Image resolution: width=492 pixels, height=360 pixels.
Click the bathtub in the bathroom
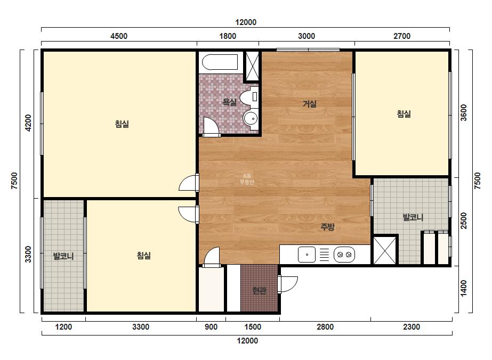tap(220, 62)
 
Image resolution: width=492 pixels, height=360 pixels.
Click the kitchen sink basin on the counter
tap(307, 255)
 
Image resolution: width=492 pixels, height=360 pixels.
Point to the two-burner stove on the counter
tap(344, 255)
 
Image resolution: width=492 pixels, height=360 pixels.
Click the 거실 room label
tap(309, 104)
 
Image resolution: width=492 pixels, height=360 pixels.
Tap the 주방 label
tap(327, 227)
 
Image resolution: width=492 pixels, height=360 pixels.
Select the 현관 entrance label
tap(260, 291)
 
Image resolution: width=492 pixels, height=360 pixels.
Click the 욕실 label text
tap(229, 102)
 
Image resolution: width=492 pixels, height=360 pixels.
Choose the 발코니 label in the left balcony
tap(63, 256)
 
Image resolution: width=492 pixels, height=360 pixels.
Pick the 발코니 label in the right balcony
tap(413, 217)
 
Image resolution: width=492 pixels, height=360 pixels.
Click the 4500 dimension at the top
tap(119, 36)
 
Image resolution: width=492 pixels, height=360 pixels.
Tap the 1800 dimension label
tap(228, 36)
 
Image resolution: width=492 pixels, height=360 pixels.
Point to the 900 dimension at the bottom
tap(211, 327)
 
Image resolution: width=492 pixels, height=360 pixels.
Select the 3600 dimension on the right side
tap(463, 112)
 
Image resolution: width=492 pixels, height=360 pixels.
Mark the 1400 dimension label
tap(463, 288)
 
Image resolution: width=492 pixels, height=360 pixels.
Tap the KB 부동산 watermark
tap(247, 179)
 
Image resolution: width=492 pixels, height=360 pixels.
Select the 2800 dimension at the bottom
tap(325, 327)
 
